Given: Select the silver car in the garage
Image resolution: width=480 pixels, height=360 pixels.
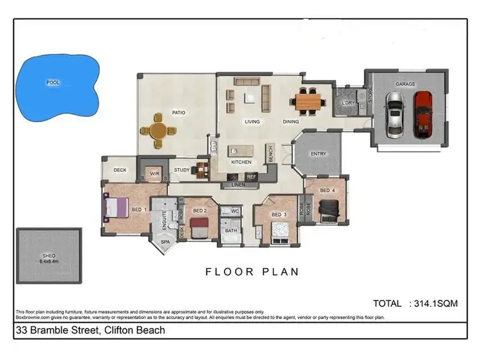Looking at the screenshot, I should [395, 114].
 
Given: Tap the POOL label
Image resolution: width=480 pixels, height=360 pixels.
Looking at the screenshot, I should [52, 82].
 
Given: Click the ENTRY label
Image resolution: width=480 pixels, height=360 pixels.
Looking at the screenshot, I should [318, 153].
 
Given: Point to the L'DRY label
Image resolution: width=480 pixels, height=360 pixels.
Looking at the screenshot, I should [349, 103].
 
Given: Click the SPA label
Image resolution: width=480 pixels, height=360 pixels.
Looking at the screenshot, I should [165, 242].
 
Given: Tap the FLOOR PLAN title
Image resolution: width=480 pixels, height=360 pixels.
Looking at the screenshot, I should [252, 272].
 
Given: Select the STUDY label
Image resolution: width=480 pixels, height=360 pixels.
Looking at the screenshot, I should [182, 169].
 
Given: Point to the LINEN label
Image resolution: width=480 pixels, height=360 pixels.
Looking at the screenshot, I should [237, 185].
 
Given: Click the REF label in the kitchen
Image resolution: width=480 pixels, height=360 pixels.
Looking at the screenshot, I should [251, 176].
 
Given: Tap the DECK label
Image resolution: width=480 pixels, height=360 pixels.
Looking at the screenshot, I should [120, 170].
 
